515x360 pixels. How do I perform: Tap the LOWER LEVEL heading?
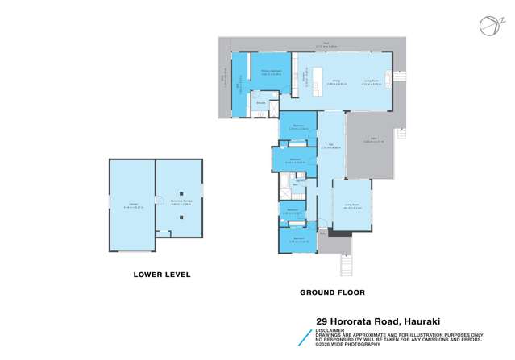(161, 274)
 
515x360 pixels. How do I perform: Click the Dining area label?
(335, 81)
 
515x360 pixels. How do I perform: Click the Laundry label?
(299, 180)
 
